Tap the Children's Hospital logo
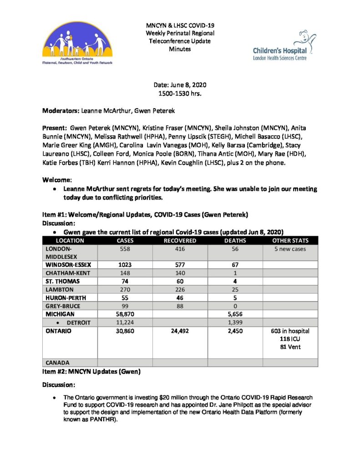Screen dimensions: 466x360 coord(280,46)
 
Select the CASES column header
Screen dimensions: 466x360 coord(125,241)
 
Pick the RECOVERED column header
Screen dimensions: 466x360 coord(180,241)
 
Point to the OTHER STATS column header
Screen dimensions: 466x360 coord(290,241)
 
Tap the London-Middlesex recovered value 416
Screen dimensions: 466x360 coord(180,249)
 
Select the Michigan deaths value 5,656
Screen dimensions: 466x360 coord(235,314)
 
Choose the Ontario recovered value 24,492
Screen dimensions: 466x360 coord(180,331)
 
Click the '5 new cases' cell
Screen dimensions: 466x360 coord(290,249)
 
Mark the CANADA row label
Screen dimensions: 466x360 coord(57,363)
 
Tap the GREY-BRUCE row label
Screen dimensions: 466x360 coord(62,306)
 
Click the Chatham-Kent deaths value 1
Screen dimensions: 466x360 coord(235,273)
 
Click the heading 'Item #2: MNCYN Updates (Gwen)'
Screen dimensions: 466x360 coord(91,372)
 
